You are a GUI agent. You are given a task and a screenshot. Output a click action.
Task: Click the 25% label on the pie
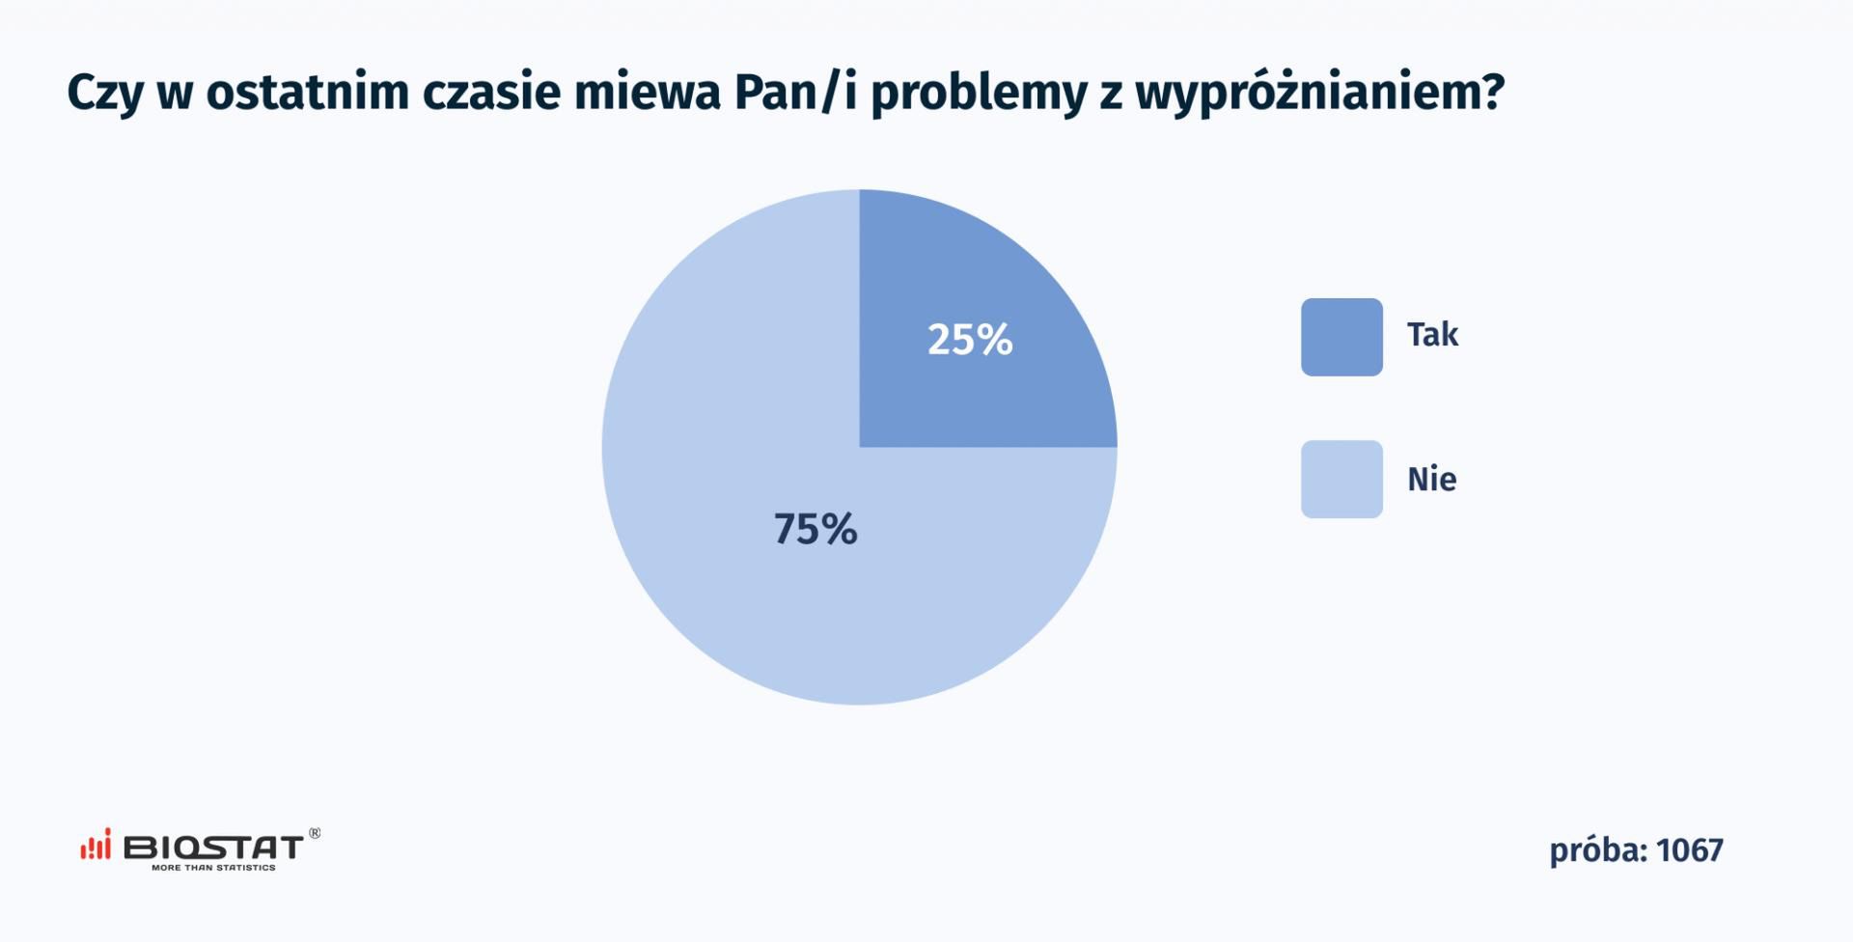[970, 339]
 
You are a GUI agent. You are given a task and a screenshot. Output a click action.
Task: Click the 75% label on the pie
[816, 529]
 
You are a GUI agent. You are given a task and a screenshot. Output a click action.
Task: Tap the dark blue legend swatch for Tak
[1341, 337]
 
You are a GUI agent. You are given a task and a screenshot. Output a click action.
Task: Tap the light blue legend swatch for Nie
[1341, 480]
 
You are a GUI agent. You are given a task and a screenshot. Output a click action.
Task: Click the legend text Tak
[1432, 335]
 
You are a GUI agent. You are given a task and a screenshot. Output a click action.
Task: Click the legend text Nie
[1432, 479]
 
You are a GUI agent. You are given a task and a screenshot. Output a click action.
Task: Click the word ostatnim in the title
[308, 93]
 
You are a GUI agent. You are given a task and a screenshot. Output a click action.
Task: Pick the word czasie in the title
[491, 93]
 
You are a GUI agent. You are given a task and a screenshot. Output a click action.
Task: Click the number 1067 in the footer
[1690, 850]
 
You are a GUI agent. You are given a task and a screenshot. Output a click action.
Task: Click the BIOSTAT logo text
[213, 847]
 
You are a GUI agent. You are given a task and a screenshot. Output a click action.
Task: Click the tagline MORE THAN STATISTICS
[213, 868]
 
